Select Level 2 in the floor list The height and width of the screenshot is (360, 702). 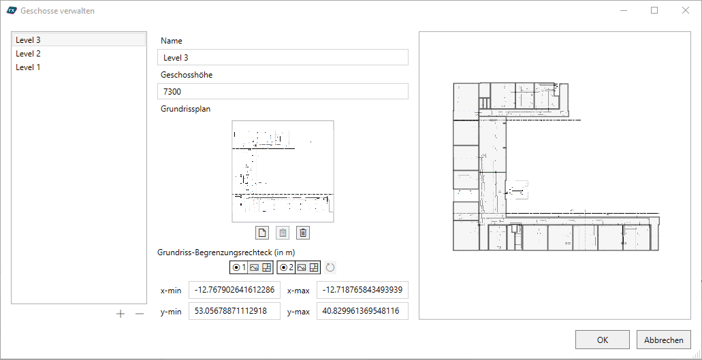28,54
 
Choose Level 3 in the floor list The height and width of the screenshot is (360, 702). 28,39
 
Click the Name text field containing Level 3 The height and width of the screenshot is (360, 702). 283,57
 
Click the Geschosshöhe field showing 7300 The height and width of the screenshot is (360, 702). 283,91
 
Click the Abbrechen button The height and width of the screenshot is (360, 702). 663,340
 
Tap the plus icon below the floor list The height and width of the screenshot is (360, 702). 121,314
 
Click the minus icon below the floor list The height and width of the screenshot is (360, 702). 140,314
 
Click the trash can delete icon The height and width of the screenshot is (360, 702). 303,233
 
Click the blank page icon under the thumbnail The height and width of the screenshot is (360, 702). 262,233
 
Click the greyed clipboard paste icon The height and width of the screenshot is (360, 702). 283,233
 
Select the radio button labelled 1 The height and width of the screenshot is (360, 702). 236,267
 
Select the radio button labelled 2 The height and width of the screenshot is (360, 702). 283,267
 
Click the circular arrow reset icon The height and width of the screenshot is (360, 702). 330,268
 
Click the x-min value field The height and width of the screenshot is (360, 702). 235,290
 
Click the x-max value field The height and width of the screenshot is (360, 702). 362,290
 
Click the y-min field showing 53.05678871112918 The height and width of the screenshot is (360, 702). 235,311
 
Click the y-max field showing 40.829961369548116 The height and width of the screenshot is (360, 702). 362,311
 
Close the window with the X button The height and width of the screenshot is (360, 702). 686,10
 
